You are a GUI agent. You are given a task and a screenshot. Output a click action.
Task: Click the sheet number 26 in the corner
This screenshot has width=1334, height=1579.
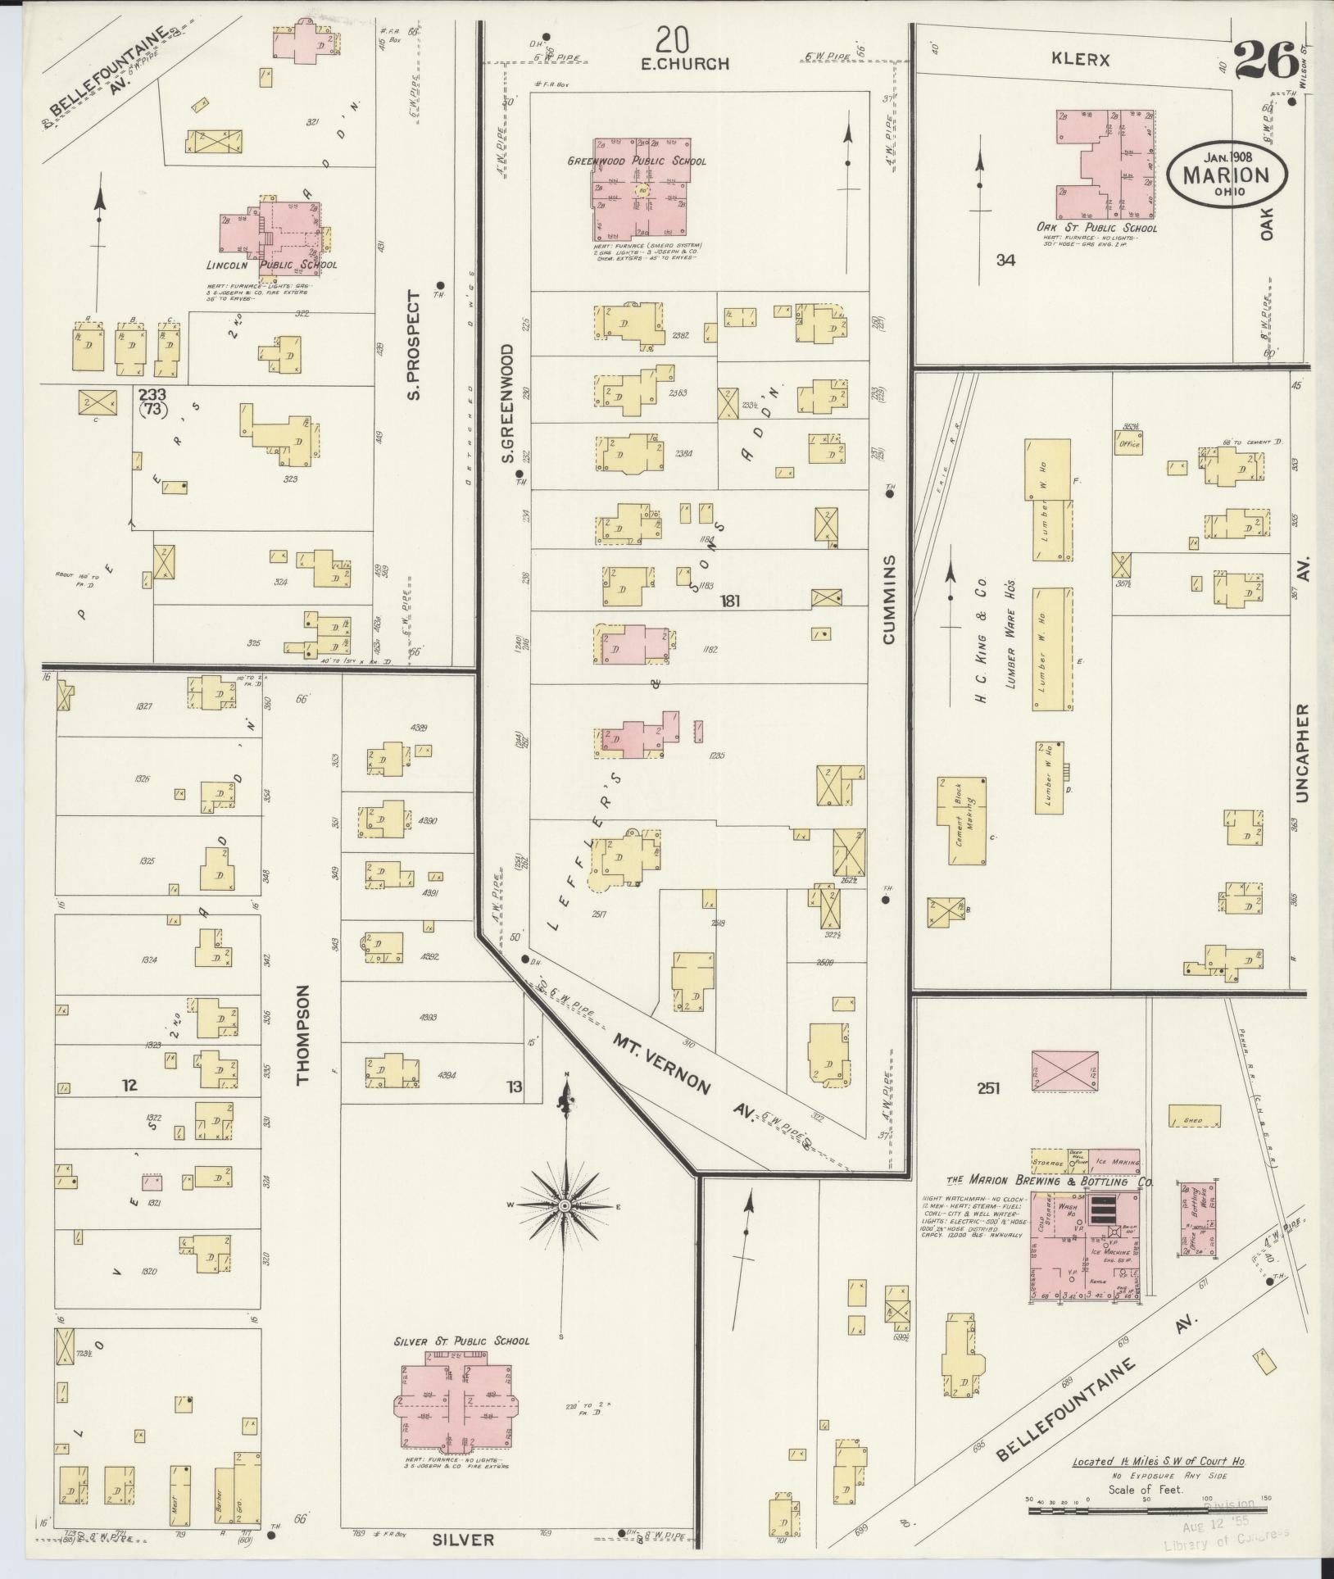[1265, 60]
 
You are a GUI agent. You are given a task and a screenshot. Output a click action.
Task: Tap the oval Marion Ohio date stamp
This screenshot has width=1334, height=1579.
[1226, 175]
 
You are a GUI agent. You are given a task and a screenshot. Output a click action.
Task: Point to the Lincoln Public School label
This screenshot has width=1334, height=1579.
[270, 265]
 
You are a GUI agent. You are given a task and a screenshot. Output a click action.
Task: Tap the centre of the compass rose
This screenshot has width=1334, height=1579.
[565, 1206]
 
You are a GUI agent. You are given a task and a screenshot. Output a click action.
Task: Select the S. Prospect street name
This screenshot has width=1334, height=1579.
[415, 345]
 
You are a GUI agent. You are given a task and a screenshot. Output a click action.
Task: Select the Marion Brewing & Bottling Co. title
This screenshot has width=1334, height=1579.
[1050, 1182]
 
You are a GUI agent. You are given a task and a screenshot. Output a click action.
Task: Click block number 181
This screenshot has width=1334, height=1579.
[729, 601]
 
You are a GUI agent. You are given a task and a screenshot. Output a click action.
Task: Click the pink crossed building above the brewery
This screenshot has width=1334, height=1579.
[1064, 1071]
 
